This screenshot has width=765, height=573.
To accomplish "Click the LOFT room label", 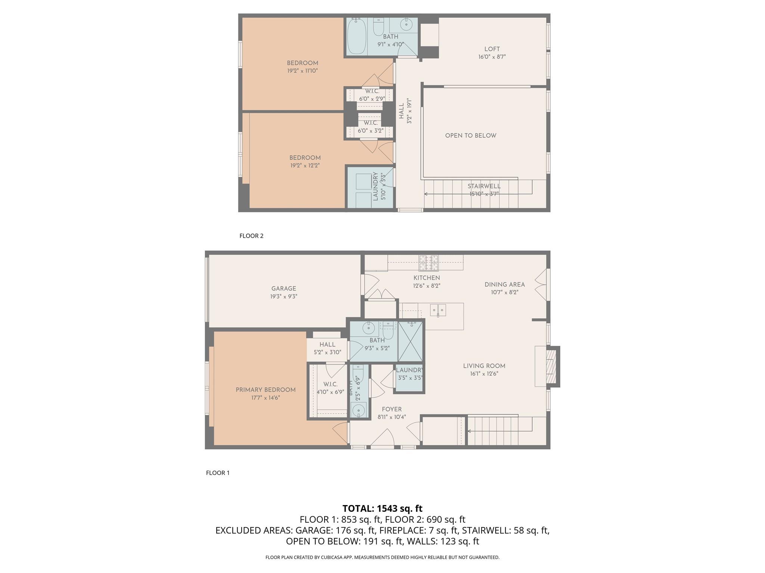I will coord(492,49).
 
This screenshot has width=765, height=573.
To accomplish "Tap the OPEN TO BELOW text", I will coord(471,135).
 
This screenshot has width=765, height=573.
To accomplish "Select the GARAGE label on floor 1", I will coord(284,288).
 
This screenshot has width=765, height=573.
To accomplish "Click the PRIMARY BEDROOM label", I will coord(266,390).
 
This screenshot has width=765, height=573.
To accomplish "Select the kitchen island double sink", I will coord(437,310).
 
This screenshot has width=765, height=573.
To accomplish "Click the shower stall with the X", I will coord(410,341).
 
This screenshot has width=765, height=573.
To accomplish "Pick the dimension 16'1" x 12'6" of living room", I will coord(484,374).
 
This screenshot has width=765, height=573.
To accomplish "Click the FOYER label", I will coord(391,409).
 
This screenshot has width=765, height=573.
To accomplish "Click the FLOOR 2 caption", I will coord(251,236).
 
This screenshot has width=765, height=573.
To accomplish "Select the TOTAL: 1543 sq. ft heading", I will coord(382,508).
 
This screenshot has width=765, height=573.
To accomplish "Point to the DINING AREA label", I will coord(505,284).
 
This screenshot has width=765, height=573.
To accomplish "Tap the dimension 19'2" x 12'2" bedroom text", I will coord(305,165).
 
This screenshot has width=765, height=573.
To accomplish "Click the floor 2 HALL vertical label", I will coord(402,111).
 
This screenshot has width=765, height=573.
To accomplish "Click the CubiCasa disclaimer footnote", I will coord(382,557).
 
